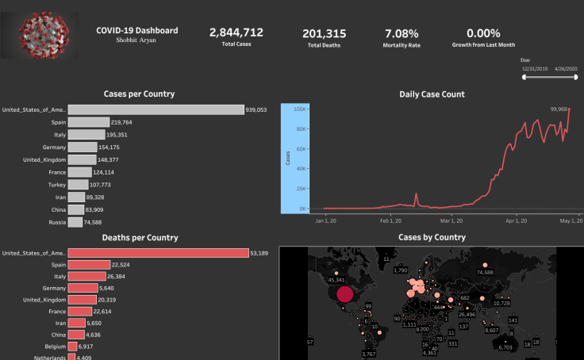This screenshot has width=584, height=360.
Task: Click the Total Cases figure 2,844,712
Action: coord(236,33)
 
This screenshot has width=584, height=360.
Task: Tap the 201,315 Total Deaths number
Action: coord(324,33)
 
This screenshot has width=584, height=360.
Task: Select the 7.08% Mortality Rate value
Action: coord(401,33)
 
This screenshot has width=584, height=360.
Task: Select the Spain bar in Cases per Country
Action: coord(88,123)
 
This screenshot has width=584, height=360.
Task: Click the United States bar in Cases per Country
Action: coord(156,109)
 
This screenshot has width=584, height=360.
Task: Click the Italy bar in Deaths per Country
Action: coord(78,276)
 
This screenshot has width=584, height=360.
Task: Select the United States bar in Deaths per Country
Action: coord(158,253)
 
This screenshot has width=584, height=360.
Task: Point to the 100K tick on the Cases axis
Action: coord(301,109)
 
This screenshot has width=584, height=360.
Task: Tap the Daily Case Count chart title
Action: coord(432,94)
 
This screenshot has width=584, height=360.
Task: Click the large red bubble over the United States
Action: coord(344,295)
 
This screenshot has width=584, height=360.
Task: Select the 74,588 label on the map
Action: coord(485,272)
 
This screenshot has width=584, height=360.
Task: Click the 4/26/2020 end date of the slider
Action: coord(567,69)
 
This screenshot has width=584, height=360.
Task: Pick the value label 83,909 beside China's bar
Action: coord(98,209)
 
